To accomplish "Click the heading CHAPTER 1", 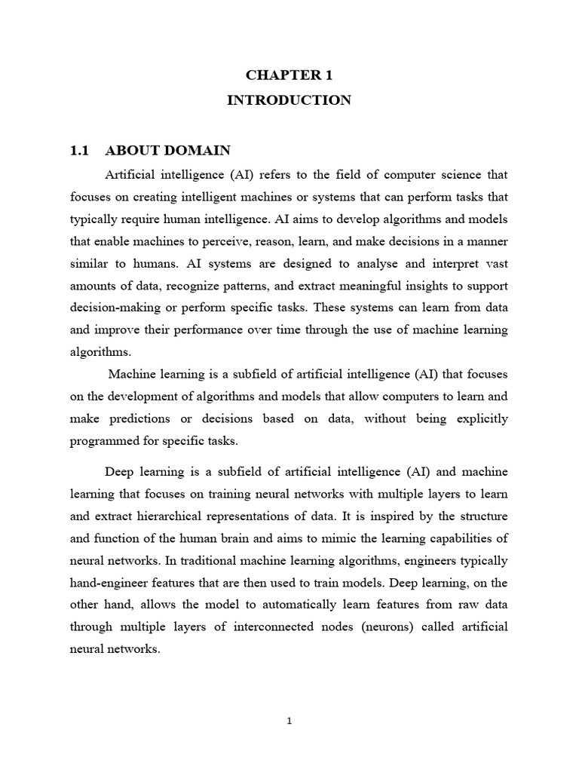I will click(x=289, y=75).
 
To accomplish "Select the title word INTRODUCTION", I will click(x=289, y=100).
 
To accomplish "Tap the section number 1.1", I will click(x=79, y=150).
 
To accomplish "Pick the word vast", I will click(x=492, y=262).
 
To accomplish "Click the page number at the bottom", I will click(x=289, y=721).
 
